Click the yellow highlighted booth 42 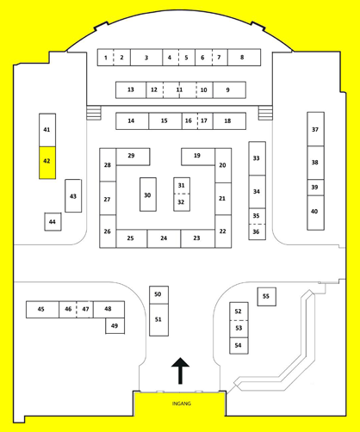pyautogui.click(x=47, y=163)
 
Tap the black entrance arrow pyautogui.click(x=180, y=371)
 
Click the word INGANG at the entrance pyautogui.click(x=182, y=404)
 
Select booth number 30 pyautogui.click(x=148, y=194)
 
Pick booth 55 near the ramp pyautogui.click(x=267, y=297)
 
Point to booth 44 pyautogui.click(x=53, y=221)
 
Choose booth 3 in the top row pyautogui.click(x=146, y=58)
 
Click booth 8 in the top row pyautogui.click(x=245, y=58)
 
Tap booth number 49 pyautogui.click(x=115, y=326)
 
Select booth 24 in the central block pyautogui.click(x=164, y=238)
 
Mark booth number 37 pyautogui.click(x=316, y=129)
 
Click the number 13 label pyautogui.click(x=131, y=89)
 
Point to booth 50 pyautogui.click(x=158, y=295)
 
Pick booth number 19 pyautogui.click(x=198, y=157)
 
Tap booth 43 pyautogui.click(x=73, y=196)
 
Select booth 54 pyautogui.click(x=239, y=346)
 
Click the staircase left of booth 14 pyautogui.click(x=94, y=113)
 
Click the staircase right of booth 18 pyautogui.click(x=265, y=113)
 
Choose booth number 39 pyautogui.click(x=316, y=188)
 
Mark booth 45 pyautogui.click(x=42, y=310)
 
